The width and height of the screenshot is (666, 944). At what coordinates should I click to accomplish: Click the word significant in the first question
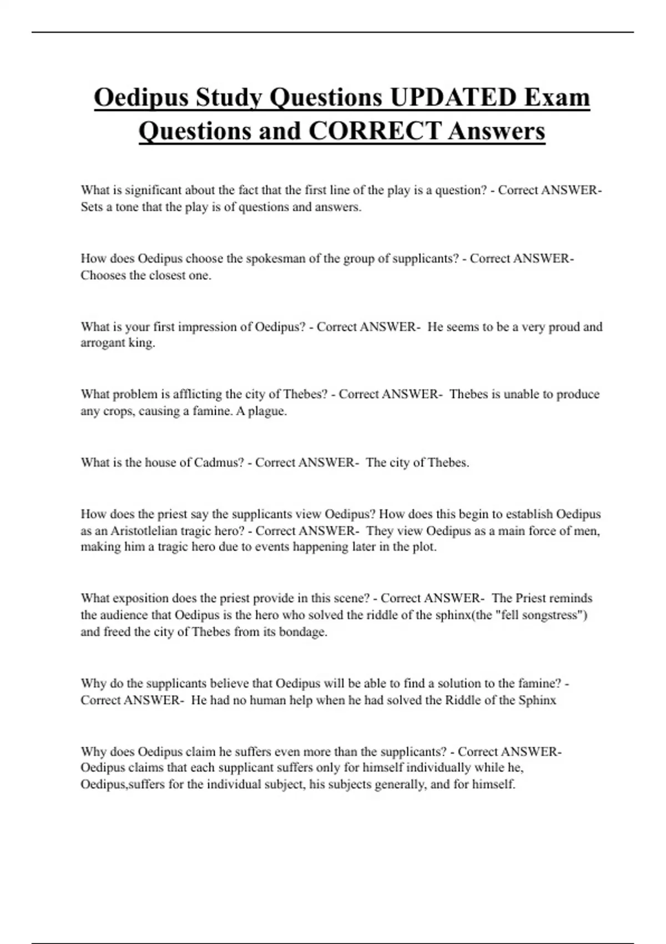pos(153,190)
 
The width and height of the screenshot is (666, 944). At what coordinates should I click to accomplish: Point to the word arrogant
pos(103,343)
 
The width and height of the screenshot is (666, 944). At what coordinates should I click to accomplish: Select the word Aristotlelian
pos(144,531)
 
